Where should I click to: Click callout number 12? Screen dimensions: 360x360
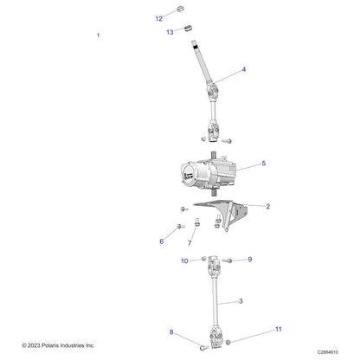point(159,19)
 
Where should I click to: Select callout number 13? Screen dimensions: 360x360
point(170,32)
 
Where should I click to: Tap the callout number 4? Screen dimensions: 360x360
point(244,69)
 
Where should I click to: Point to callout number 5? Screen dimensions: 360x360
point(264,164)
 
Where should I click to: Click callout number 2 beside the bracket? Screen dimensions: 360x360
point(268,206)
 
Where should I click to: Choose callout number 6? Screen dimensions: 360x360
point(162,241)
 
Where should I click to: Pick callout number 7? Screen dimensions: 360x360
point(190,243)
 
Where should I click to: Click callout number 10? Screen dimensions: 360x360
point(184,261)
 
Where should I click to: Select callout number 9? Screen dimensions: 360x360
point(250,260)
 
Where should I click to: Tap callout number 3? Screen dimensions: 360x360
point(241,301)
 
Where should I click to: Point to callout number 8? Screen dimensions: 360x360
point(171,332)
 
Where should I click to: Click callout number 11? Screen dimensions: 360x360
point(279,329)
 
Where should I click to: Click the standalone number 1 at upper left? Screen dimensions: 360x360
point(98,35)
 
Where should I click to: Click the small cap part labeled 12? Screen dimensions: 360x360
point(180,9)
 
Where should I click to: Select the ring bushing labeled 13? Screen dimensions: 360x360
point(189,29)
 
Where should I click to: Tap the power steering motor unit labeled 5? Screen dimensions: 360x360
point(209,173)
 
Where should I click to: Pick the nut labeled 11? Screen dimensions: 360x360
point(228,343)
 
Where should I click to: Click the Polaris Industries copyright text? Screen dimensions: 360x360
point(58,345)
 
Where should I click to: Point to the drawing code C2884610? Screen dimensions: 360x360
point(328,352)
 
